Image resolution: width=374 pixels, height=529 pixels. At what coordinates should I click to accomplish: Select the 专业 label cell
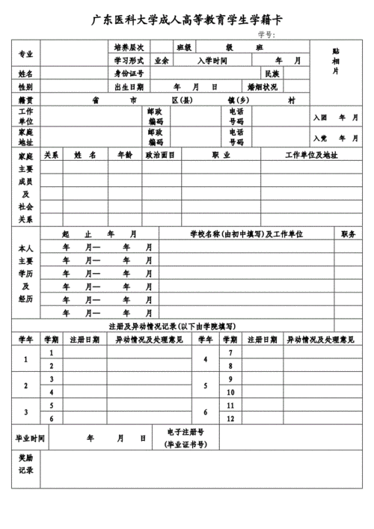(x=25, y=53)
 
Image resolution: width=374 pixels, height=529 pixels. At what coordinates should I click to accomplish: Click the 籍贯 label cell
(x=25, y=99)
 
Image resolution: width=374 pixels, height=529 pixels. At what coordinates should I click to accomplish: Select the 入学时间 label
(x=212, y=60)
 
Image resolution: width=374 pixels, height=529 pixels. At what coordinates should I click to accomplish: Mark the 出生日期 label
(x=129, y=87)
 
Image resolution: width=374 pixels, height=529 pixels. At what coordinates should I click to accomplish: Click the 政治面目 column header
(x=159, y=156)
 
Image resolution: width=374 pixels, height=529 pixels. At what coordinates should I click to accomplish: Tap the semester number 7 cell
(x=231, y=352)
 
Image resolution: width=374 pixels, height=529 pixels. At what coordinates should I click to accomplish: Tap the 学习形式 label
(x=128, y=60)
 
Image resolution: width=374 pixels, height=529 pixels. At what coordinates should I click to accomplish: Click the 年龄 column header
(x=124, y=156)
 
